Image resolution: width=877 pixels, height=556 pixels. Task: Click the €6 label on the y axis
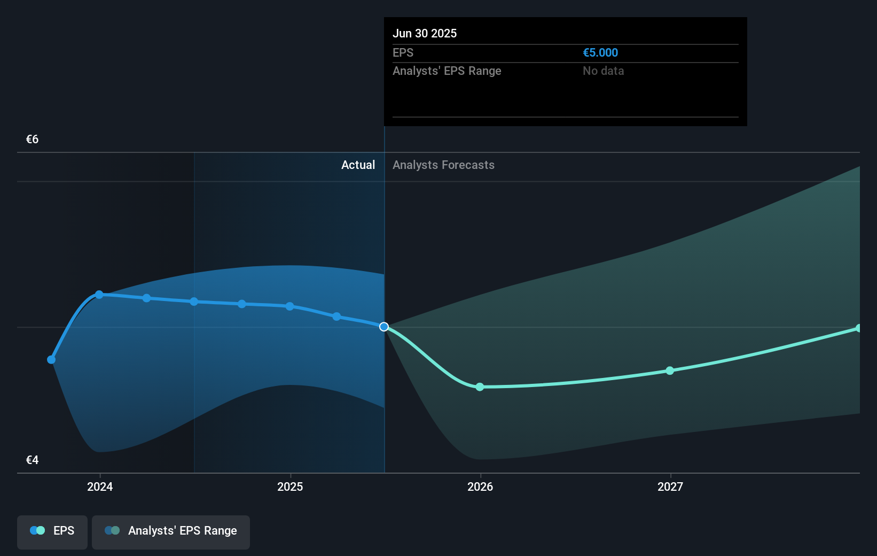point(32,140)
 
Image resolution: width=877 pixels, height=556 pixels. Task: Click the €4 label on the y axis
point(32,460)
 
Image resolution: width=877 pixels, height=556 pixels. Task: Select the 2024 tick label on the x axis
point(100,486)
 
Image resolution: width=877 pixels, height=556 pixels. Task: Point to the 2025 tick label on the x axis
point(290,486)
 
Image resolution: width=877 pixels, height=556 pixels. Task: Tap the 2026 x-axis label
point(480,486)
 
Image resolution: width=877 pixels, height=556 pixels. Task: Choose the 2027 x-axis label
point(670,486)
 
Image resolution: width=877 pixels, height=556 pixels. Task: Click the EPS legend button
point(52,531)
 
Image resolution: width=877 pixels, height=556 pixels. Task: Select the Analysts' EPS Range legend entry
point(171,531)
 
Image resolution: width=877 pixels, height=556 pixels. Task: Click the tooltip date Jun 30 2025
point(425,33)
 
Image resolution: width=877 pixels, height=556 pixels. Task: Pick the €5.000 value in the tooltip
point(600,52)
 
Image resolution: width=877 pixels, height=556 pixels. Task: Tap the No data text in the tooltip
point(603,71)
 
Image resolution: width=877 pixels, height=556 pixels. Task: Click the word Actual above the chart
point(358,165)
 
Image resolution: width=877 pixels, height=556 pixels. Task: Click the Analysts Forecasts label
point(443,165)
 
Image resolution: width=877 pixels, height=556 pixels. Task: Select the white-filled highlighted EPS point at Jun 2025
point(384,327)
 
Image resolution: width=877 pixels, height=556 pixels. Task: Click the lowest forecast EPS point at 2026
point(480,387)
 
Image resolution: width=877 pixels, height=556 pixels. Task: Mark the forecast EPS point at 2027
point(670,370)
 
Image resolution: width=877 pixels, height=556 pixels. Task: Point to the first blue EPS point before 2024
point(51,360)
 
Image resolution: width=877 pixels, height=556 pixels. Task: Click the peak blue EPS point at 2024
point(99,295)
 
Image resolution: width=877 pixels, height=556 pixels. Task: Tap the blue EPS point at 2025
point(289,306)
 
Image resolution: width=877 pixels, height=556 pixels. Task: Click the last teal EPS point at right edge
point(858,328)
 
